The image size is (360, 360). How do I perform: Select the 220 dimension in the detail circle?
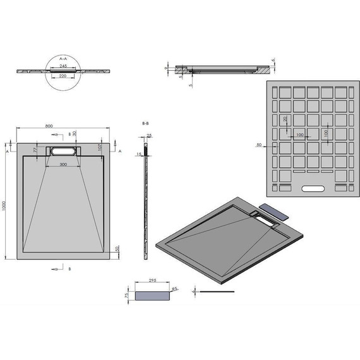pyautogui.click(x=63, y=76)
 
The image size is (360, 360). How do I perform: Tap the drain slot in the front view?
pyautogui.click(x=63, y=152)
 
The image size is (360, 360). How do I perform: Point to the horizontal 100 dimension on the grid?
pyautogui.click(x=299, y=135)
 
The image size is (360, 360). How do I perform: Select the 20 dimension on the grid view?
pyautogui.click(x=285, y=119)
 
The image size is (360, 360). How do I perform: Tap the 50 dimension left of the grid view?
pyautogui.click(x=259, y=145)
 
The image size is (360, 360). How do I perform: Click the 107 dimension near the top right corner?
pyautogui.click(x=100, y=148)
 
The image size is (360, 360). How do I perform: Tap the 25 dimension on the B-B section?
pyautogui.click(x=149, y=135)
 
